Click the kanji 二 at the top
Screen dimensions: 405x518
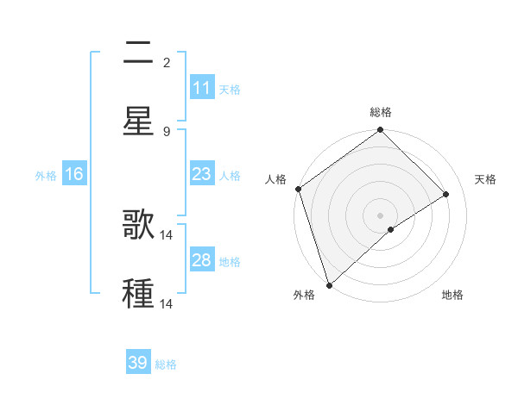(x=138, y=54)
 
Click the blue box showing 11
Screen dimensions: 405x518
(x=202, y=88)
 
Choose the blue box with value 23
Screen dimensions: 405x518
(x=202, y=174)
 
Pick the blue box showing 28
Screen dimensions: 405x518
(x=202, y=260)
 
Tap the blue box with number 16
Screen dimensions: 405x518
(x=74, y=174)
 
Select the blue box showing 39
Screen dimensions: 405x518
(x=138, y=363)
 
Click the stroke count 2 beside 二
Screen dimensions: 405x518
(x=167, y=62)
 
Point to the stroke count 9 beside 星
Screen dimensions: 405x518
(x=167, y=131)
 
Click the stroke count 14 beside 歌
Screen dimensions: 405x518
(x=167, y=234)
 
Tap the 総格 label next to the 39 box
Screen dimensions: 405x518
(x=166, y=364)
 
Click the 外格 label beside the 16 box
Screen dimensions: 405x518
(x=46, y=176)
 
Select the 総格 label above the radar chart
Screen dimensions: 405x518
(x=381, y=112)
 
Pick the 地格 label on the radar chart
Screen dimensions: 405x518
(x=452, y=296)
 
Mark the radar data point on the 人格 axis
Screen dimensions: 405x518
(x=298, y=189)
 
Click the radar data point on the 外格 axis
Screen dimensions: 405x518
(x=328, y=284)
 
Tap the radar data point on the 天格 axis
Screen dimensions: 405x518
(x=446, y=194)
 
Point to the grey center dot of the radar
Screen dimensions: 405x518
(x=381, y=215)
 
